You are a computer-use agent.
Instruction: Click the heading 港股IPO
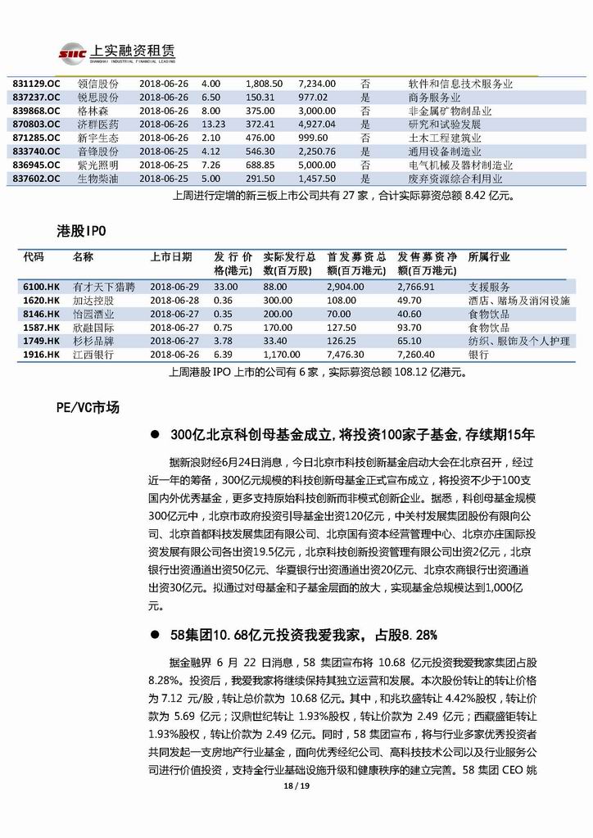point(79,231)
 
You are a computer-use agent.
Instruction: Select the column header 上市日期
point(170,257)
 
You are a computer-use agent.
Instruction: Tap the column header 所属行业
point(488,257)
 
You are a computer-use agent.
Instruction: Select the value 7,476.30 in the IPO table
point(345,355)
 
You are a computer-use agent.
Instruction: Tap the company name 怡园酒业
point(93,314)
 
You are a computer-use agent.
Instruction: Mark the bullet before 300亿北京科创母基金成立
point(153,434)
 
